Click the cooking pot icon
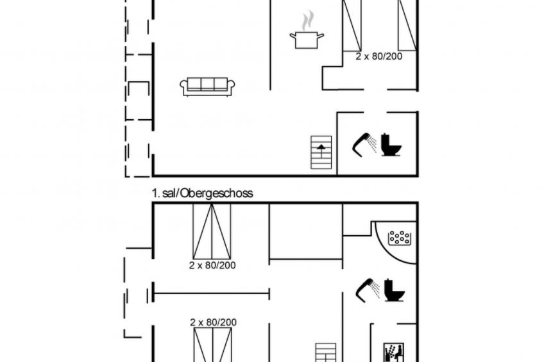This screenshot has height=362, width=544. (307, 40)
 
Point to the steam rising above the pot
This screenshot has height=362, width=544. (307, 21)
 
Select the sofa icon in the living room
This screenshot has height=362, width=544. (207, 86)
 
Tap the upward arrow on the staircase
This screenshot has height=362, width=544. (321, 151)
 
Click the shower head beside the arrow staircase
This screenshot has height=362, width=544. (364, 144)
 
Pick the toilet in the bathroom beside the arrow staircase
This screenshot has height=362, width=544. (391, 145)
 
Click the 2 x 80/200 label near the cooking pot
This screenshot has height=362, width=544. (379, 56)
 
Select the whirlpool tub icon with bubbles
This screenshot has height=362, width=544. (400, 238)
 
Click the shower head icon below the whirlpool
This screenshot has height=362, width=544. (368, 290)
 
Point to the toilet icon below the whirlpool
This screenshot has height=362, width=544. (395, 290)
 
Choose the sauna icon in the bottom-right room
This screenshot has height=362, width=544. (393, 352)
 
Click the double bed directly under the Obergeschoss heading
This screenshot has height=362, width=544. (212, 231)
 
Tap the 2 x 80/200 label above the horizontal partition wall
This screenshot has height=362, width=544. (212, 265)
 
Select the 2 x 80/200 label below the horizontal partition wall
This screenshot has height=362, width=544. (214, 322)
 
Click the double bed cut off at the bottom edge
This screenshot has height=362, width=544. (213, 345)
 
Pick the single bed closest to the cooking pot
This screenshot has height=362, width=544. (352, 25)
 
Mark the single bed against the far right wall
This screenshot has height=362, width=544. (407, 25)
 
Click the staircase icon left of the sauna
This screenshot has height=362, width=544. (325, 352)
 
